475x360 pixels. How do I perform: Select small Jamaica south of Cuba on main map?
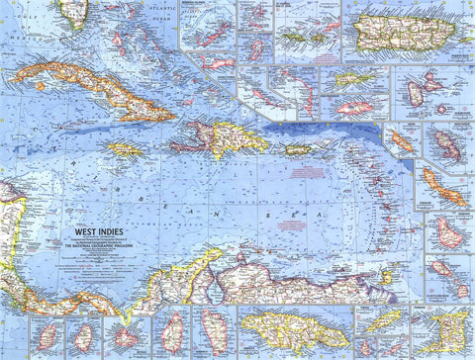tap(125, 149)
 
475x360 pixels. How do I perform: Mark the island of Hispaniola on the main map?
tap(223, 137)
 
